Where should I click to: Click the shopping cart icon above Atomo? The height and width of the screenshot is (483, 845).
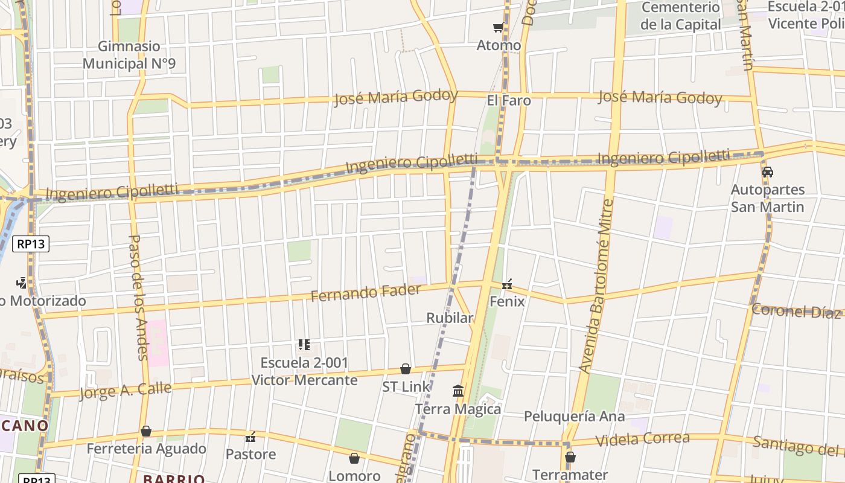pos(498,27)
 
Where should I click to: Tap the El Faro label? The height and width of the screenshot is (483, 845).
pos(509,100)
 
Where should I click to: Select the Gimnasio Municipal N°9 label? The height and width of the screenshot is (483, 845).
pos(129,55)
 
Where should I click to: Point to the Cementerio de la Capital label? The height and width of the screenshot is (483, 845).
pos(680,16)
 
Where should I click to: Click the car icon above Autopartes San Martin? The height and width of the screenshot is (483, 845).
pos(768,172)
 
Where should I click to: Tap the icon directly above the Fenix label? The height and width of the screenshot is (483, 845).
pos(507,284)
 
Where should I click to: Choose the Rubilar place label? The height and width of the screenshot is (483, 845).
pos(450,318)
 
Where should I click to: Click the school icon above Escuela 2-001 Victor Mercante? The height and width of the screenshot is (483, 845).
pos(304,345)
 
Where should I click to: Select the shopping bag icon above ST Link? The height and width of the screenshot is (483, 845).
pos(406,369)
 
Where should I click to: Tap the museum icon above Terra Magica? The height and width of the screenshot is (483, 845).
pos(458,391)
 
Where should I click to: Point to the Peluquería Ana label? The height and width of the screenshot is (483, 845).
pos(574,416)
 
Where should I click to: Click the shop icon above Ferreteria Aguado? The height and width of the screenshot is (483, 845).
pos(146,431)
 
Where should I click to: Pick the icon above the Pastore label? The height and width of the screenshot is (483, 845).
pos(250,437)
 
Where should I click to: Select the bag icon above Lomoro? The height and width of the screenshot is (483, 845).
pos(354,458)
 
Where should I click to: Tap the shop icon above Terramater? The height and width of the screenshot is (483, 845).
pos(570,457)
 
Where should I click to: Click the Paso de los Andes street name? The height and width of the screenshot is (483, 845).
pos(138,297)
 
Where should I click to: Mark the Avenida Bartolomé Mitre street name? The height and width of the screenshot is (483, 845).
pos(596,286)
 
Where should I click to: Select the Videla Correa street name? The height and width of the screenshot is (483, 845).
pos(642,439)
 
